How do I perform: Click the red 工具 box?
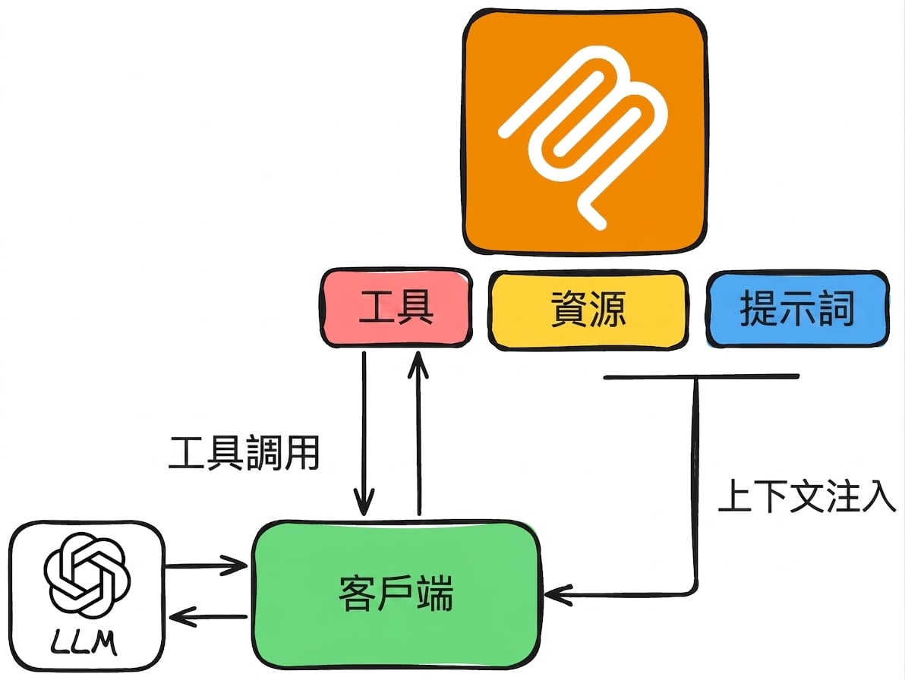tap(396, 308)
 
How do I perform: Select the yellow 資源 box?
tap(588, 310)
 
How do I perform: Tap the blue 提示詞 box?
tap(797, 309)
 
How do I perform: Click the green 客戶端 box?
tap(397, 595)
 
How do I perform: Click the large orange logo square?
tap(585, 131)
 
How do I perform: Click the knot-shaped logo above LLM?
tap(87, 575)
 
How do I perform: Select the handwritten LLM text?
tap(84, 643)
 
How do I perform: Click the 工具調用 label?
tap(244, 453)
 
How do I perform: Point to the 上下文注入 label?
tap(807, 496)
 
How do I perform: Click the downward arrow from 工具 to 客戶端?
tap(364, 433)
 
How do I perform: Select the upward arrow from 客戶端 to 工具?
tap(418, 433)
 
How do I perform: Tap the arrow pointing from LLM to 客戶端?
tap(206, 566)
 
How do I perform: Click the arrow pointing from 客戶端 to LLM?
tap(208, 617)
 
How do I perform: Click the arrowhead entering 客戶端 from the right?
tap(557, 595)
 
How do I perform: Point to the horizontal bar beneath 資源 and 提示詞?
tap(702, 376)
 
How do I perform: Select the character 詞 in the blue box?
tap(835, 309)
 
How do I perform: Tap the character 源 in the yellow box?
tap(607, 310)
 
